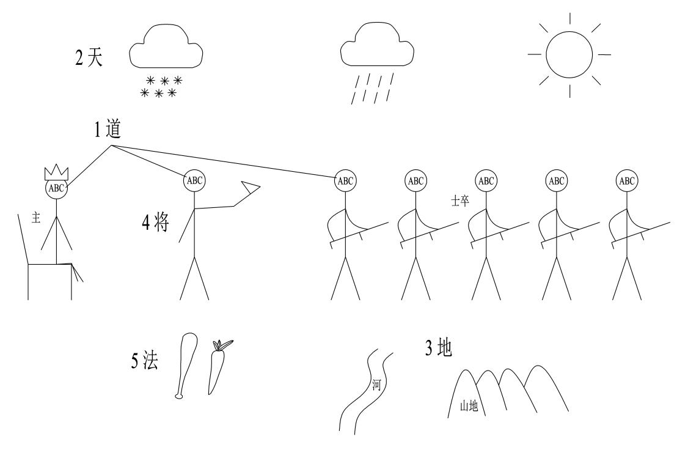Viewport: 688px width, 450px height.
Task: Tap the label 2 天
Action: tap(89, 59)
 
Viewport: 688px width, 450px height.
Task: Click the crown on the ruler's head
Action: tap(56, 172)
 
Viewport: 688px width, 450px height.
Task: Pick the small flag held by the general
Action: tap(250, 188)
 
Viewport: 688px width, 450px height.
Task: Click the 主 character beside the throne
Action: tap(35, 218)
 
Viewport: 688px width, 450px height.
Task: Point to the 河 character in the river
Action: tap(376, 386)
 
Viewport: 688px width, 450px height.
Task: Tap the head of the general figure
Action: tap(194, 180)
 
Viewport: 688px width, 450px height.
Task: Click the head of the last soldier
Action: tap(626, 180)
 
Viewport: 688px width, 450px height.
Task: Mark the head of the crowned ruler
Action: tap(56, 188)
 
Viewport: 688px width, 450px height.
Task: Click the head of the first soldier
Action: tap(345, 180)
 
